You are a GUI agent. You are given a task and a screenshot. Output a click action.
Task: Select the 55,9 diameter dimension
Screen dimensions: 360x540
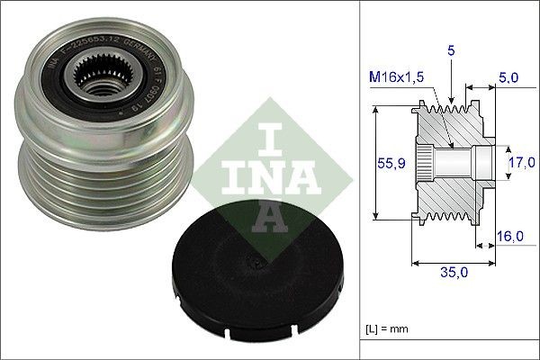pyautogui.click(x=386, y=163)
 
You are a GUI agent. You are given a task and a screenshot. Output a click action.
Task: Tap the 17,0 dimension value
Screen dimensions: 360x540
pyautogui.click(x=518, y=163)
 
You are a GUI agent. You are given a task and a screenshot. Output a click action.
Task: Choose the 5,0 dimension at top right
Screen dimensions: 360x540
pyautogui.click(x=508, y=78)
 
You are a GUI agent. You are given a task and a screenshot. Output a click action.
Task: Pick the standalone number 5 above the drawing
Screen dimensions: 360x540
pyautogui.click(x=451, y=52)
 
